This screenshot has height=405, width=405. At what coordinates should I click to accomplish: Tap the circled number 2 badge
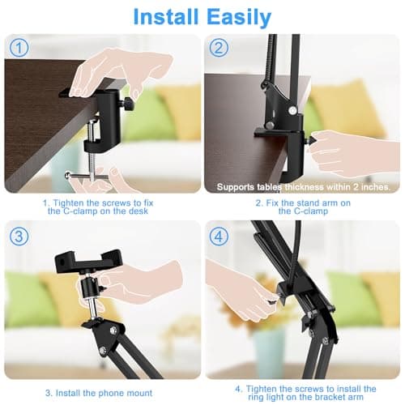(x=217, y=49)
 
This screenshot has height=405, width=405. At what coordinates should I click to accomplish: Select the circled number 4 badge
(x=217, y=237)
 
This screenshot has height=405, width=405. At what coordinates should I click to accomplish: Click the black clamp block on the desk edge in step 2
(x=279, y=130)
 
